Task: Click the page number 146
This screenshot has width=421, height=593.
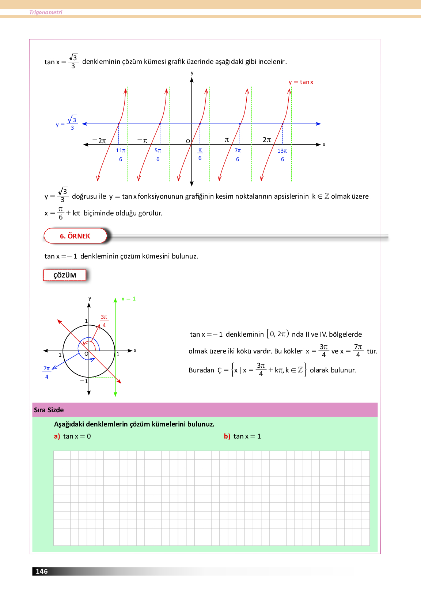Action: (42, 571)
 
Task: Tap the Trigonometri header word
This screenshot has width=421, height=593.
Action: (46, 12)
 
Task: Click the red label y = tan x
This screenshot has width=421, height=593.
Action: (301, 82)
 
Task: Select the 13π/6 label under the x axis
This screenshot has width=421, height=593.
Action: (282, 155)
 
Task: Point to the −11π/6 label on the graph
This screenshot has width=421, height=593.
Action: (119, 155)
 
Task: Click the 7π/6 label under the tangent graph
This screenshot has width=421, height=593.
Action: (238, 155)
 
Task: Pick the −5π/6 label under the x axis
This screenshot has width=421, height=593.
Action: (156, 155)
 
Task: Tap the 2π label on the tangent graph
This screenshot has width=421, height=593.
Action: (267, 140)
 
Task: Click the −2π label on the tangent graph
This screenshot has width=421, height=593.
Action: (99, 141)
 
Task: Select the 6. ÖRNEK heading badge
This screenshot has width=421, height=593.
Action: (75, 236)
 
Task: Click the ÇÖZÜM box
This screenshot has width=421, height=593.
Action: (65, 275)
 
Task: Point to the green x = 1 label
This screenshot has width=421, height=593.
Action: (129, 299)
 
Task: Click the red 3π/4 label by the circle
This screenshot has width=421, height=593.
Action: (104, 321)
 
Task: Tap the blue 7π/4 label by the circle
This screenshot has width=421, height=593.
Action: (46, 372)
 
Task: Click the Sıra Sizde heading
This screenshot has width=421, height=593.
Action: (49, 410)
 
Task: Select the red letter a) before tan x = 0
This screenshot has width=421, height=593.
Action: (57, 436)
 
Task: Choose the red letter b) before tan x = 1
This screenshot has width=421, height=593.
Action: (227, 436)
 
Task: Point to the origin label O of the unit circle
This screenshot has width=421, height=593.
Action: (86, 354)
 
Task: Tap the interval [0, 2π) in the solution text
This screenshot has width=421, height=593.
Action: (278, 334)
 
